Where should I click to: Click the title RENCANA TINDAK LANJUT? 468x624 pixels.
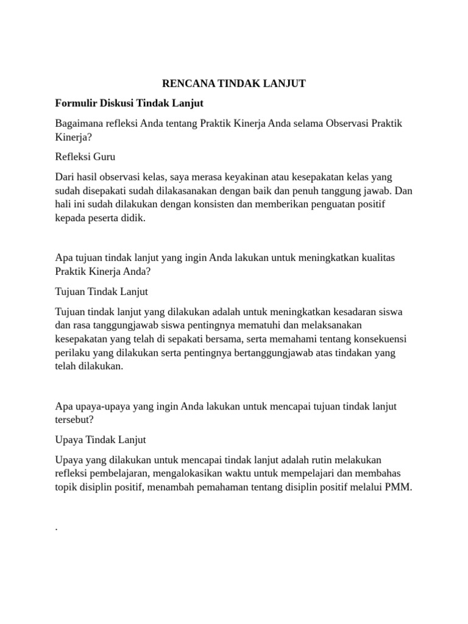[233, 83]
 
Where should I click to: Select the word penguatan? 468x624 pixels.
[338, 204]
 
